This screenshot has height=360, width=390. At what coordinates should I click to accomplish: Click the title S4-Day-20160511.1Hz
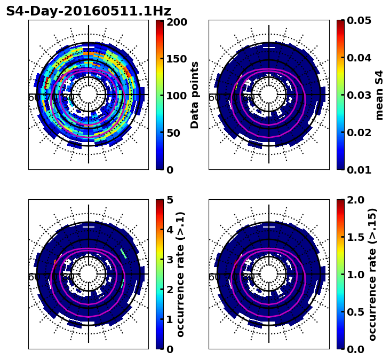pos(89,11)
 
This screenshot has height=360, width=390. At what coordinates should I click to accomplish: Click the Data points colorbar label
pos(195,95)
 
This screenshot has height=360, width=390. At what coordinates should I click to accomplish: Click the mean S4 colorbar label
pos(379,95)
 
